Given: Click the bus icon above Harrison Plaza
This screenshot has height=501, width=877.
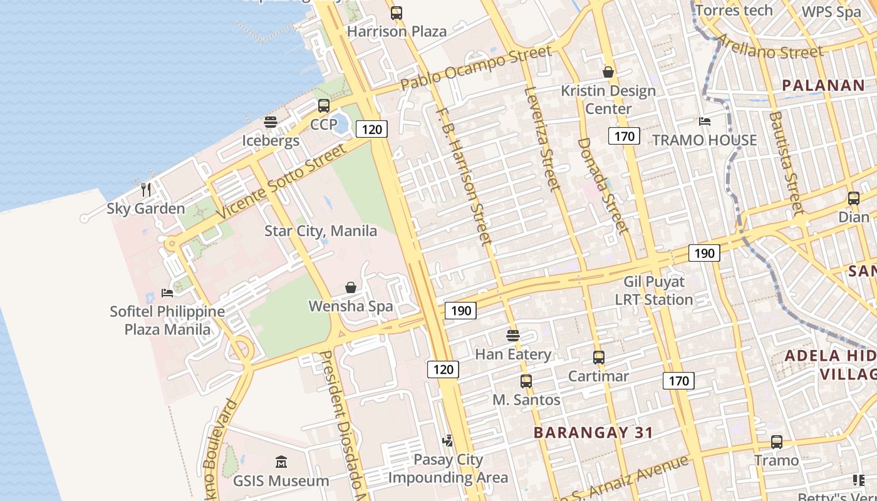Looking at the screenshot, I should [x=396, y=13].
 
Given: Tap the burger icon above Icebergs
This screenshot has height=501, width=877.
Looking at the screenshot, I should [x=271, y=122].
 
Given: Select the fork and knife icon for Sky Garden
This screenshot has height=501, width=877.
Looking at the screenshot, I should [x=146, y=189].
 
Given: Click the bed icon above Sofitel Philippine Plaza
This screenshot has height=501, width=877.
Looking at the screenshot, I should [x=167, y=292].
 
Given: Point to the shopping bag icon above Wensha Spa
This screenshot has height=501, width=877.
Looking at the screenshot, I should [x=351, y=287].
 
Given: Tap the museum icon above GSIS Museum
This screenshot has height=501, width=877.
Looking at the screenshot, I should [x=281, y=462].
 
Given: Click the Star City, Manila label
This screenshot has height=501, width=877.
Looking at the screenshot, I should [x=321, y=231].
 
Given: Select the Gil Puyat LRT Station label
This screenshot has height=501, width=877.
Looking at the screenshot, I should [x=654, y=291].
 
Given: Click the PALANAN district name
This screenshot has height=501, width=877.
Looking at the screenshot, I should [x=823, y=86].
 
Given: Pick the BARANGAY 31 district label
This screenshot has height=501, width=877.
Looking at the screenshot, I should [x=593, y=432].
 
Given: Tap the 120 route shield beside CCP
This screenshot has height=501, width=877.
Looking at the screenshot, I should [x=372, y=130].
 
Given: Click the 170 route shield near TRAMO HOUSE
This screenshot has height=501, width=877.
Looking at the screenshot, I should [x=624, y=136].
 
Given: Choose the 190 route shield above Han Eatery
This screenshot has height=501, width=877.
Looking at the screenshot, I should [x=460, y=311].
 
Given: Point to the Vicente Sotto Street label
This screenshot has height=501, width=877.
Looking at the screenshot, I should [x=282, y=182].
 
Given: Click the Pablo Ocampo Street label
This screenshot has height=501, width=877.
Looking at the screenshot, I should [x=476, y=67].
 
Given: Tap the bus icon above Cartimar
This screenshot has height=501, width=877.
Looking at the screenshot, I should [x=599, y=358].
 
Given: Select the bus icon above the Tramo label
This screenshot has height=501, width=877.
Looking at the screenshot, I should [x=777, y=442].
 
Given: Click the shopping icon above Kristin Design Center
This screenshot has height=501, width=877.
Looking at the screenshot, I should [x=608, y=72].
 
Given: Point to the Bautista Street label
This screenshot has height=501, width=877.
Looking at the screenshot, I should [x=786, y=163].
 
